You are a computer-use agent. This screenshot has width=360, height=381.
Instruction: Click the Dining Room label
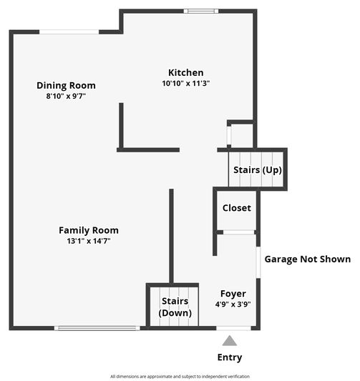pos(66,86)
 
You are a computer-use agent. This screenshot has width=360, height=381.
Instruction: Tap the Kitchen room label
pos(185,72)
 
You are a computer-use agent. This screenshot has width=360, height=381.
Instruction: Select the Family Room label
pos(88,230)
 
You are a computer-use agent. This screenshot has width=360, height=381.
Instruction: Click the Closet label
pos(237,208)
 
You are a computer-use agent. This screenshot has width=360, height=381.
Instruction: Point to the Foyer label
pos(233,294)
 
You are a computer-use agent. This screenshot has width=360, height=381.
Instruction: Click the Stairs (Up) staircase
pos(257,169)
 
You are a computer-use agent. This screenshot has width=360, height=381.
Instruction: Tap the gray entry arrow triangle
pos(229,341)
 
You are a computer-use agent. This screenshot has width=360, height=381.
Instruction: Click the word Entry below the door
pos(229,357)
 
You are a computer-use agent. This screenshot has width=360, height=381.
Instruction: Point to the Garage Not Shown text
pos(308,259)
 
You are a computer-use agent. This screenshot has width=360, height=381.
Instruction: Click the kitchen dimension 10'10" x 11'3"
pos(185,83)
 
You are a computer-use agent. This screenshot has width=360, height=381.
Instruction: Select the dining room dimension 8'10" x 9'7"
pos(66,96)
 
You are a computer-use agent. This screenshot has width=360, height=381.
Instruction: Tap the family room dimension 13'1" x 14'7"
pos(88,241)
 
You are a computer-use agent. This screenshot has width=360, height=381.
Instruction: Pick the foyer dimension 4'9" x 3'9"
pos(233,304)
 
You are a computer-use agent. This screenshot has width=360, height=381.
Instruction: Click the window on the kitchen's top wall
pos(201,11)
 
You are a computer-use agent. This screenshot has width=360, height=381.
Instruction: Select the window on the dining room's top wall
pos(69,31)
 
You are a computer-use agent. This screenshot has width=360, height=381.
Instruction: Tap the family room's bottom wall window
pos(97,328)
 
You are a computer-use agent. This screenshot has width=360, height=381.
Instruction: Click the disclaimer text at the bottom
pos(180,376)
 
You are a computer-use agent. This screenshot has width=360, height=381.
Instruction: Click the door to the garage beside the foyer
pos(258,262)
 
